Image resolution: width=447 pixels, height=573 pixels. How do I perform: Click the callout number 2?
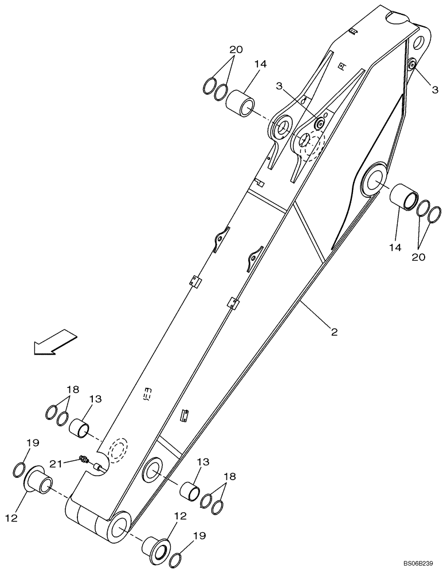[x=333, y=331]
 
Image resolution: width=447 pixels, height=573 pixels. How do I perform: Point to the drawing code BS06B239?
[x=417, y=564]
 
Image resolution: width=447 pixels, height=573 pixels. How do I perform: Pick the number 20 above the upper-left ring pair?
[x=236, y=50]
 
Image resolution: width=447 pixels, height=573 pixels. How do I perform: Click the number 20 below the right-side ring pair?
[x=419, y=257]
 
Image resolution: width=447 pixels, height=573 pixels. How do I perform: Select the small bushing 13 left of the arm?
[x=80, y=427]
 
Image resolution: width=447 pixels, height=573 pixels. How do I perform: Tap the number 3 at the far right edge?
[x=435, y=89]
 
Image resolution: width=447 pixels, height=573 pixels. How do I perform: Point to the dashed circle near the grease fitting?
[x=119, y=450]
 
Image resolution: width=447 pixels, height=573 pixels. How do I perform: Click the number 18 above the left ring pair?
[x=72, y=390]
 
